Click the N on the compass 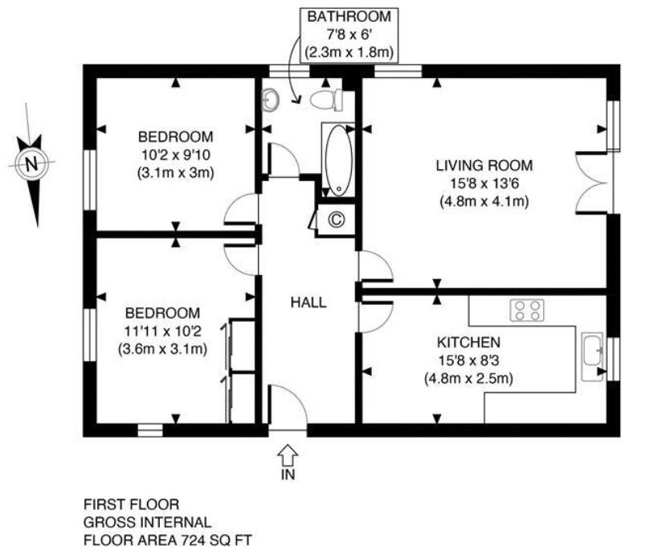31,163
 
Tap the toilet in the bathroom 326,100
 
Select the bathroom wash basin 271,100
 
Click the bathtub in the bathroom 339,160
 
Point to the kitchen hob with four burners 527,310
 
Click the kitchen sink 592,356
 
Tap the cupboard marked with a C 336,220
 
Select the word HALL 309,303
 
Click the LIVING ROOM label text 484,165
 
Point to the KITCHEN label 468,343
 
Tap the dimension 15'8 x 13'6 484,183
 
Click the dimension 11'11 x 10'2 163,332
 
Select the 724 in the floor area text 193,540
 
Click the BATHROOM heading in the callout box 349,16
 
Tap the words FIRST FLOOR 131,504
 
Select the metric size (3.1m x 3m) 175,173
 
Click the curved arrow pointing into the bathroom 294,69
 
